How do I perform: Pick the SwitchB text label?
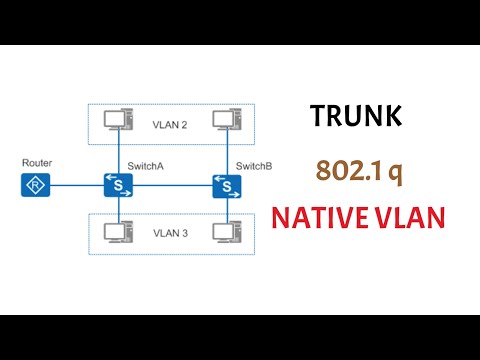point(252,165)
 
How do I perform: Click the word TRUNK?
point(357,118)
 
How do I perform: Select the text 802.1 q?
point(359,170)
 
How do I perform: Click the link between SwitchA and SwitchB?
point(172,185)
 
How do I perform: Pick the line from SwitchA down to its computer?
point(120,210)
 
